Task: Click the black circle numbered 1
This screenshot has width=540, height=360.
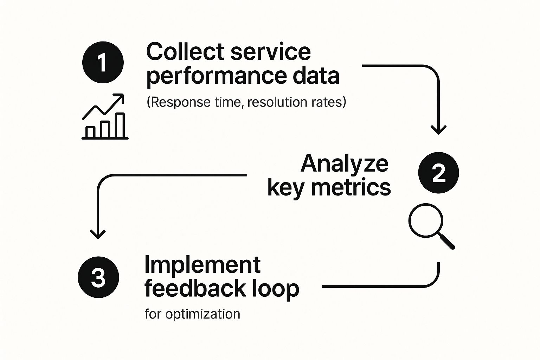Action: tap(103, 62)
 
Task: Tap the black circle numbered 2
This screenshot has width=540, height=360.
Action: tap(438, 173)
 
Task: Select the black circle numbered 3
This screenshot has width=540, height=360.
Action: tap(98, 277)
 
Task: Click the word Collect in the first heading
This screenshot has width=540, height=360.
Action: tap(185, 52)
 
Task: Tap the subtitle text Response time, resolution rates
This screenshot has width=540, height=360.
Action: tap(246, 102)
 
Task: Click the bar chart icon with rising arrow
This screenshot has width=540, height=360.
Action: tap(105, 117)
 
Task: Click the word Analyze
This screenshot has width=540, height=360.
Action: tap(345, 163)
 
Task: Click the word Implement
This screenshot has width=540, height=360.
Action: tap(202, 265)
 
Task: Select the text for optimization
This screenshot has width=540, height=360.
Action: tap(192, 314)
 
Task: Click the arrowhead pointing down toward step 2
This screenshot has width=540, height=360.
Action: tap(438, 130)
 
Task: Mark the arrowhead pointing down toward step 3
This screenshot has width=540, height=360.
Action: tap(98, 234)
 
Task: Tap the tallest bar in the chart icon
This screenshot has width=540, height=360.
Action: tap(120, 126)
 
